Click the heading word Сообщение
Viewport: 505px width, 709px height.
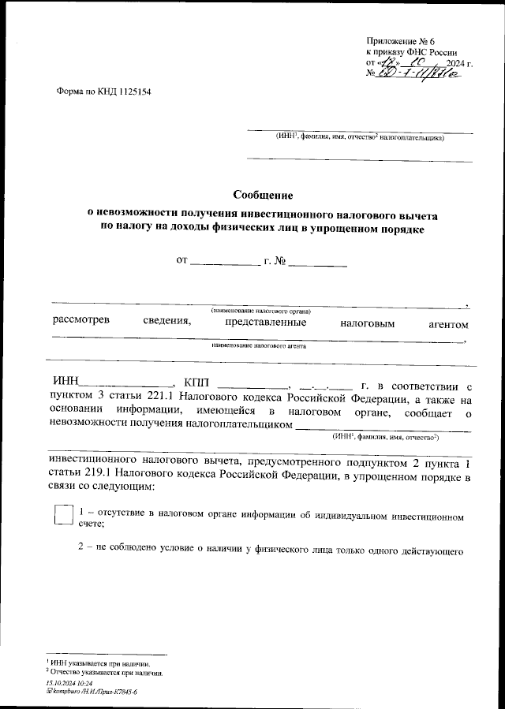pos(263,195)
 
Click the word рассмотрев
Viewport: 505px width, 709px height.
pos(81,323)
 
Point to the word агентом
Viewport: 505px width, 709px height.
pos(448,324)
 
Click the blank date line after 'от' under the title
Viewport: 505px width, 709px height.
pos(226,260)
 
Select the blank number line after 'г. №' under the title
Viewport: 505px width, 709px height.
pos(318,260)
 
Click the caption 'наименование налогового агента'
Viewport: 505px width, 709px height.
pos(258,346)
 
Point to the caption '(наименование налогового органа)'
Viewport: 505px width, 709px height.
pos(260,312)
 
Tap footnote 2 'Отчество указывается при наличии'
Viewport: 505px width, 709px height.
pos(106,673)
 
